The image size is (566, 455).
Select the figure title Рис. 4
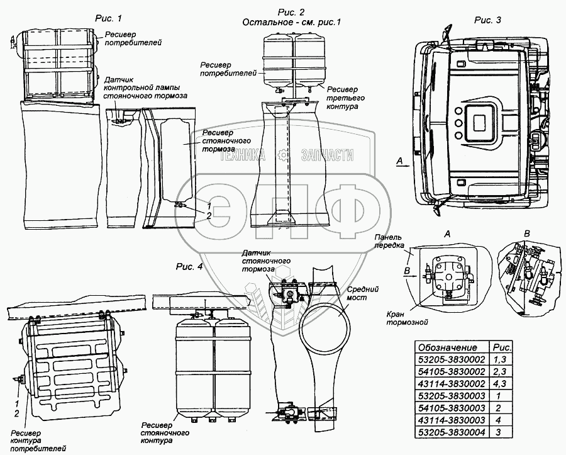pyautogui.click(x=191, y=266)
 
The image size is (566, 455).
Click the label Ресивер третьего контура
pyautogui.click(x=345, y=98)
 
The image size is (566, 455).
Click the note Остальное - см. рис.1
pyautogui.click(x=291, y=23)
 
